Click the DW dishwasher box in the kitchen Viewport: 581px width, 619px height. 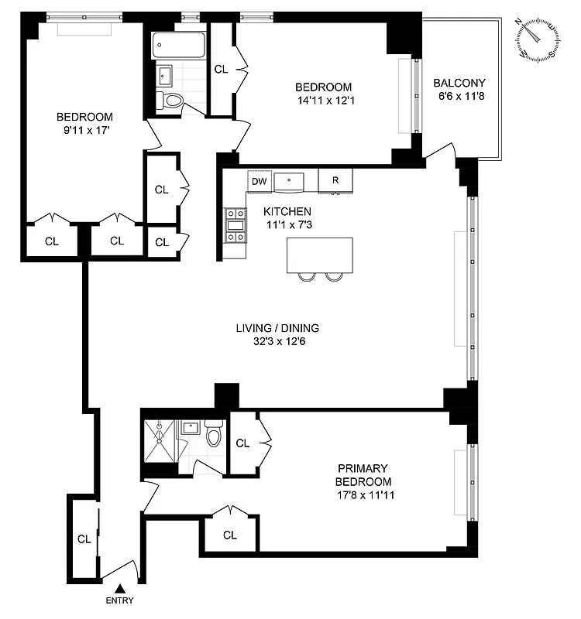(258, 181)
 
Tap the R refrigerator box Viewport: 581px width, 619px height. (335, 180)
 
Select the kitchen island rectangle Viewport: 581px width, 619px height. (319, 255)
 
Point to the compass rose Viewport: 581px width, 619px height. (538, 40)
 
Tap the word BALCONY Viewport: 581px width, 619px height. (459, 84)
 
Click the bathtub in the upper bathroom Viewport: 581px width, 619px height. (179, 46)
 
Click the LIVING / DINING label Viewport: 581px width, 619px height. (277, 328)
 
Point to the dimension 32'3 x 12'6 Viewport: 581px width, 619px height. (277, 341)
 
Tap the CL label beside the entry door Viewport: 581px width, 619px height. (84, 539)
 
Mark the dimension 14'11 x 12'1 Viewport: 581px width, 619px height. (322, 101)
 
